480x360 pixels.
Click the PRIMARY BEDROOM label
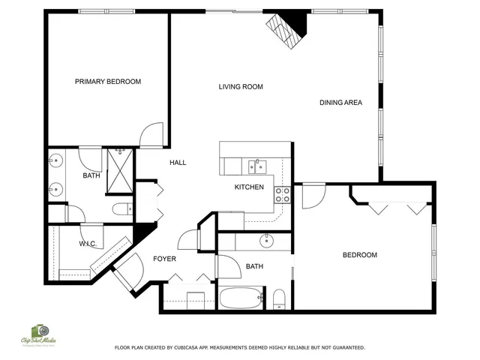(x=108, y=82)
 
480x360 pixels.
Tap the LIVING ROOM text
(x=241, y=87)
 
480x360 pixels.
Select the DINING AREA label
(x=340, y=103)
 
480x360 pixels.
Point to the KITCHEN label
(x=249, y=187)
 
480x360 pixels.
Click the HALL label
(x=178, y=163)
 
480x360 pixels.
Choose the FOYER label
(x=164, y=259)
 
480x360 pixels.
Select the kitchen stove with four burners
(x=283, y=195)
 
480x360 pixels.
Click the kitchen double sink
(x=257, y=166)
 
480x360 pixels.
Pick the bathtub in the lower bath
(x=240, y=298)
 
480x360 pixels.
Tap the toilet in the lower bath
(x=279, y=298)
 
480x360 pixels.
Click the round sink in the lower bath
(x=267, y=241)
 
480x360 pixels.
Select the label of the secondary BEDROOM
(x=359, y=256)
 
